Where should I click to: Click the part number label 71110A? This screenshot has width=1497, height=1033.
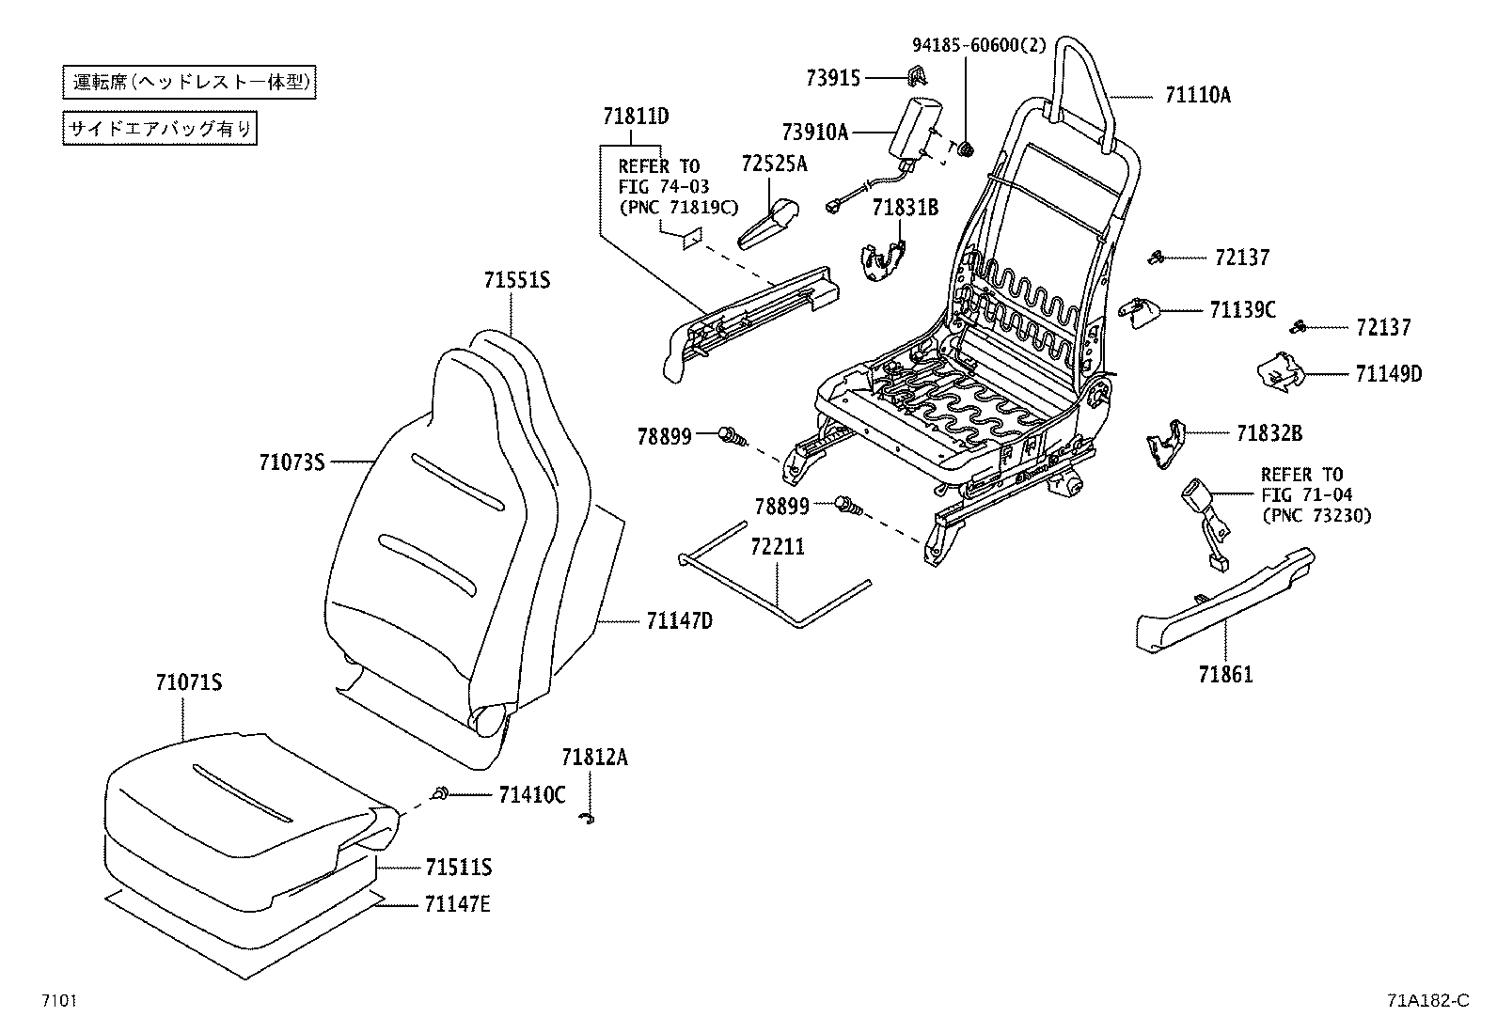click(1197, 95)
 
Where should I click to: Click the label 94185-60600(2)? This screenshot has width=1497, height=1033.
click(979, 44)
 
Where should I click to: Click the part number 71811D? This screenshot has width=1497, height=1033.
click(636, 116)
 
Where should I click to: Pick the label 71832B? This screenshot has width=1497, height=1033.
click(1269, 432)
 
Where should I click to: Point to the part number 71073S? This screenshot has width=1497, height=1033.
click(292, 462)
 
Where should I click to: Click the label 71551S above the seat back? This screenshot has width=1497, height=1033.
click(516, 279)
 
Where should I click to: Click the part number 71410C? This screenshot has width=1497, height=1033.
click(531, 795)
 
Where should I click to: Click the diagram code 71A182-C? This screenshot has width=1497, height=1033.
click(1426, 1000)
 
